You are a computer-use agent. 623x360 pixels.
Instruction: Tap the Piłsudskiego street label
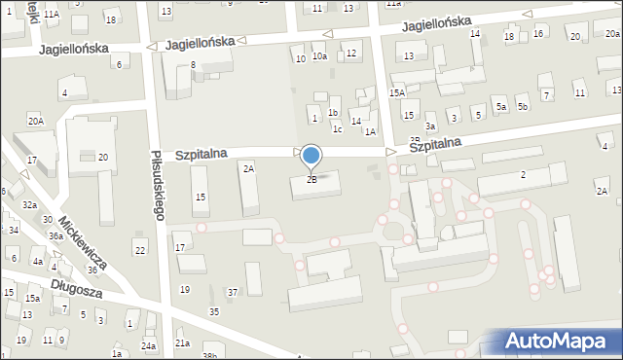(157, 184)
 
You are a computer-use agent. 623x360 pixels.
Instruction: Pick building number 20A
(36, 121)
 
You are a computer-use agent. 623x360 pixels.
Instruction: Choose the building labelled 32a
(30, 205)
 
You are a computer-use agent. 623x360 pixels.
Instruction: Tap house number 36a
(56, 236)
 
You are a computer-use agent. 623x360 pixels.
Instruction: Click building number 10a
(319, 57)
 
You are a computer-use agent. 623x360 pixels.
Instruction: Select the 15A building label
(397, 92)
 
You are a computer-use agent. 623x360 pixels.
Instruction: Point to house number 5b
(523, 106)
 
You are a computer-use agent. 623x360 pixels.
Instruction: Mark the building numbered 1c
(337, 128)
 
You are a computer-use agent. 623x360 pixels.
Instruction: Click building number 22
(140, 251)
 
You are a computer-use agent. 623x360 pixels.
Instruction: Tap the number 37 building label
(233, 293)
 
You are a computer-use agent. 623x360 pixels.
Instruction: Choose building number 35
(214, 311)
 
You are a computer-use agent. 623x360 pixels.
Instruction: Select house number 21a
(182, 343)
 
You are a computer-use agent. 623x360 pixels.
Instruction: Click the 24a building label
(148, 346)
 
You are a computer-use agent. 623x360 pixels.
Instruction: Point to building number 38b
(209, 356)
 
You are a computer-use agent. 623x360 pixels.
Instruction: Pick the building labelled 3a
(429, 126)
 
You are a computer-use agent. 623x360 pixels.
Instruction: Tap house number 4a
(38, 262)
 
